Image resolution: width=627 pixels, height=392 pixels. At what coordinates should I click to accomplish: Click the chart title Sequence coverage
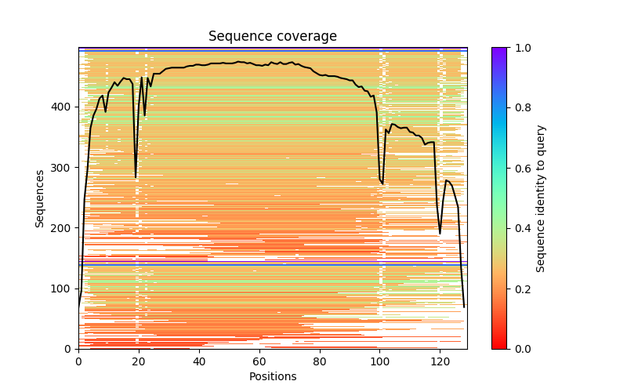pos(272,37)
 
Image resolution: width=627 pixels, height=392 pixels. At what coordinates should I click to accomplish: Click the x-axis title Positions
pos(272,377)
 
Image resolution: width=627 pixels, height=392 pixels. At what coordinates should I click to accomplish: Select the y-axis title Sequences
pos(40,198)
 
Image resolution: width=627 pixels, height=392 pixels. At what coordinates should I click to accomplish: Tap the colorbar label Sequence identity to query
pos(541,198)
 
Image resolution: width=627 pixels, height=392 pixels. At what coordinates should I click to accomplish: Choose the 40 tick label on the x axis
pos(199,362)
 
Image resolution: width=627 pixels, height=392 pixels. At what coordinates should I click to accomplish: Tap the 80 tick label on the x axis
pos(320,362)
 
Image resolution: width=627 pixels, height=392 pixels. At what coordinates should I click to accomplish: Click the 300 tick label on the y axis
pos(63,168)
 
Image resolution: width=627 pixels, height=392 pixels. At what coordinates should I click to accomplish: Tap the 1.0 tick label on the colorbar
pos(520,48)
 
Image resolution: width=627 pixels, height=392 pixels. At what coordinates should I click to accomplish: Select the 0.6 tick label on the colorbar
pos(520,169)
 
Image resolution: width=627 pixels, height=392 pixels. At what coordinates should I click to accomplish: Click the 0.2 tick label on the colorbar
pos(520,289)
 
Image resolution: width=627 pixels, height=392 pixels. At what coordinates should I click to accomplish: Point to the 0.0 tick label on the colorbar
pos(520,349)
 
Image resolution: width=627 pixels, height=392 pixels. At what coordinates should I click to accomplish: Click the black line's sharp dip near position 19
pos(136,177)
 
